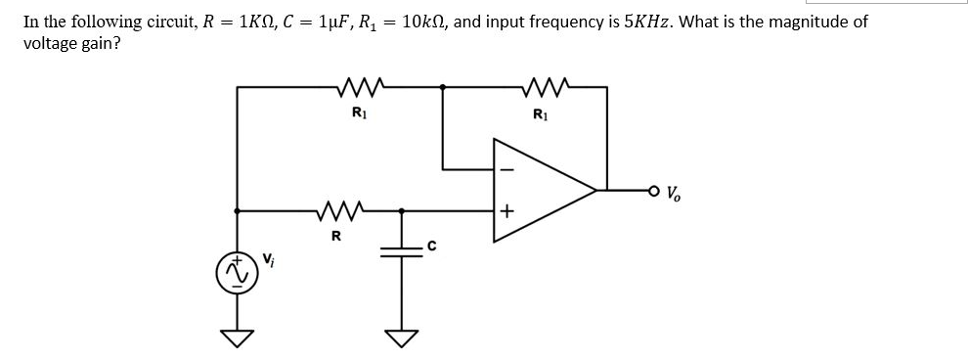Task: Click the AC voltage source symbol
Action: click(237, 273)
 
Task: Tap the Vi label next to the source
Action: click(267, 260)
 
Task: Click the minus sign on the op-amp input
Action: click(506, 169)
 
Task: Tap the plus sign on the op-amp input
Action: click(506, 210)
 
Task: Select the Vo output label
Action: click(674, 191)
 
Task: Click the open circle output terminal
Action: click(652, 190)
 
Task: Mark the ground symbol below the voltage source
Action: click(237, 337)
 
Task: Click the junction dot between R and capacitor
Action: click(400, 209)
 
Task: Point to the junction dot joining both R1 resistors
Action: click(445, 88)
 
